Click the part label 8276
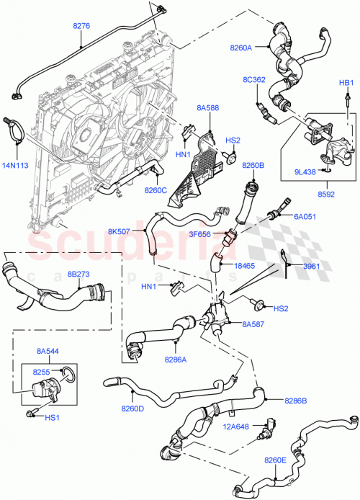click(x=81, y=26)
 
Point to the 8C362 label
click(x=255, y=79)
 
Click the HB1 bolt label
click(x=346, y=84)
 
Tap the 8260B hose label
click(x=254, y=166)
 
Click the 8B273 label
click(x=79, y=274)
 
